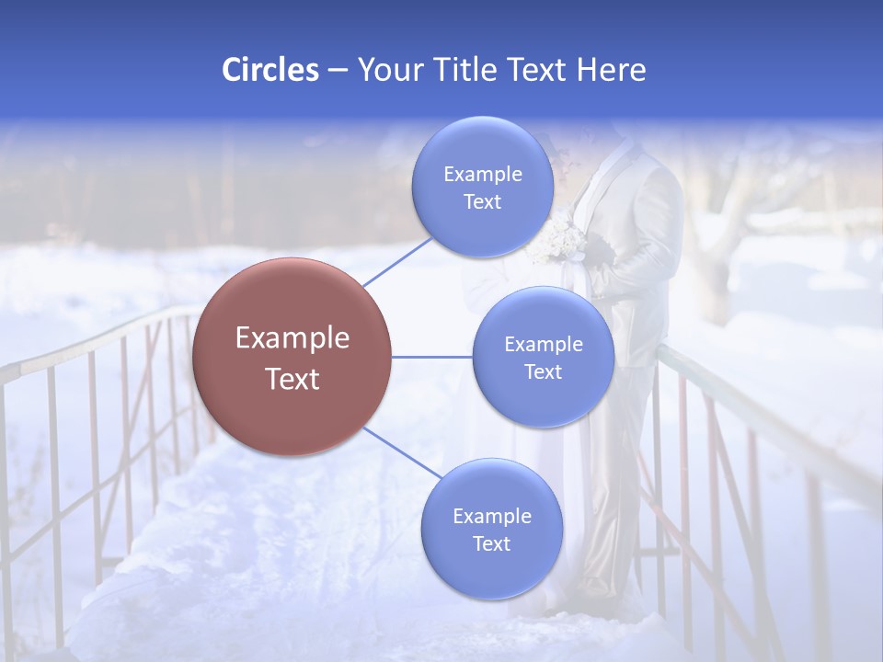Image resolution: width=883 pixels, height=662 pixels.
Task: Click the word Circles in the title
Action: click(x=269, y=70)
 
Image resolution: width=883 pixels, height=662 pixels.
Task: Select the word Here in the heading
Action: click(x=611, y=70)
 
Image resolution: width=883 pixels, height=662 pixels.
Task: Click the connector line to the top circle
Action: click(x=397, y=262)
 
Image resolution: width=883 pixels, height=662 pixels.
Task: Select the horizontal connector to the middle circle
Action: click(x=432, y=357)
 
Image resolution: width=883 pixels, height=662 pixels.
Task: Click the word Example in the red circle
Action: click(x=292, y=338)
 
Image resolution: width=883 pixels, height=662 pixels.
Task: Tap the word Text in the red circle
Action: click(x=292, y=379)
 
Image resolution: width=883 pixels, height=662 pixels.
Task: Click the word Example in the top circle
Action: click(x=482, y=175)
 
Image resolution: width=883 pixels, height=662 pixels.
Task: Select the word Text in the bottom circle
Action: click(x=491, y=543)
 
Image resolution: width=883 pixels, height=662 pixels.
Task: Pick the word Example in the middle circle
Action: click(x=543, y=345)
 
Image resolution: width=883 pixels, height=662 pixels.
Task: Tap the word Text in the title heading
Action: click(x=538, y=70)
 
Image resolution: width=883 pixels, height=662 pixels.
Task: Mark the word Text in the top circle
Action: click(x=482, y=202)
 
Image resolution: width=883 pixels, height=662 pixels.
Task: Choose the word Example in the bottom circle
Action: click(x=491, y=516)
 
